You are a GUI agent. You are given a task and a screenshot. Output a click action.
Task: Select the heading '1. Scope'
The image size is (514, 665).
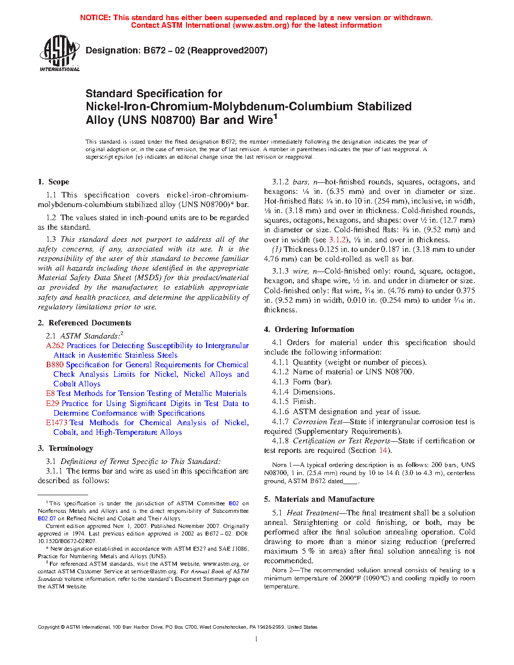click(x=53, y=182)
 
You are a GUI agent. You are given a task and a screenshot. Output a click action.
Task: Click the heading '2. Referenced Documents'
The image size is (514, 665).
click(x=85, y=323)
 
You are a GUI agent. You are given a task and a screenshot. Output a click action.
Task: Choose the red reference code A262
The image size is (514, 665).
click(x=55, y=346)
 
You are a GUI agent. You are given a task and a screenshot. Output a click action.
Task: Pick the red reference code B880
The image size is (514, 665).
click(x=54, y=365)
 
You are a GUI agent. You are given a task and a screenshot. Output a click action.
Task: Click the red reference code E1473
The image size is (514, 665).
click(x=57, y=423)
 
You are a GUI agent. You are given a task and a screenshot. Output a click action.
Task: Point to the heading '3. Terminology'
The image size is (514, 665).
click(x=66, y=448)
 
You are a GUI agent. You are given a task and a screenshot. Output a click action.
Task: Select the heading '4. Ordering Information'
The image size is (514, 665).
click(x=309, y=329)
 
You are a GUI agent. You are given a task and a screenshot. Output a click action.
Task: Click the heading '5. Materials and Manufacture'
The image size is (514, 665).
click(x=319, y=499)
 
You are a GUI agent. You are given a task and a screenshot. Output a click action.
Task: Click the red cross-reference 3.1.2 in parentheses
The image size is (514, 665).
click(x=338, y=240)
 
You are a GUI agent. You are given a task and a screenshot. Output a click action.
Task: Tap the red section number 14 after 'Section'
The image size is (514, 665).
click(x=383, y=450)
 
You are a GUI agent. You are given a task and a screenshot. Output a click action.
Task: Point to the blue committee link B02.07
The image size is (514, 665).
click(x=46, y=518)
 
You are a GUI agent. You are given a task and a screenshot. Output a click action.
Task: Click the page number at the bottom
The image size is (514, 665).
click(x=256, y=639)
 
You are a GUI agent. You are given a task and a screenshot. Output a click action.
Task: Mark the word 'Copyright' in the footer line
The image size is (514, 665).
click(x=49, y=627)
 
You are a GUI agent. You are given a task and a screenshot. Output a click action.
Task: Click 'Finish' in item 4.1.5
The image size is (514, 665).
click(x=304, y=402)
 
